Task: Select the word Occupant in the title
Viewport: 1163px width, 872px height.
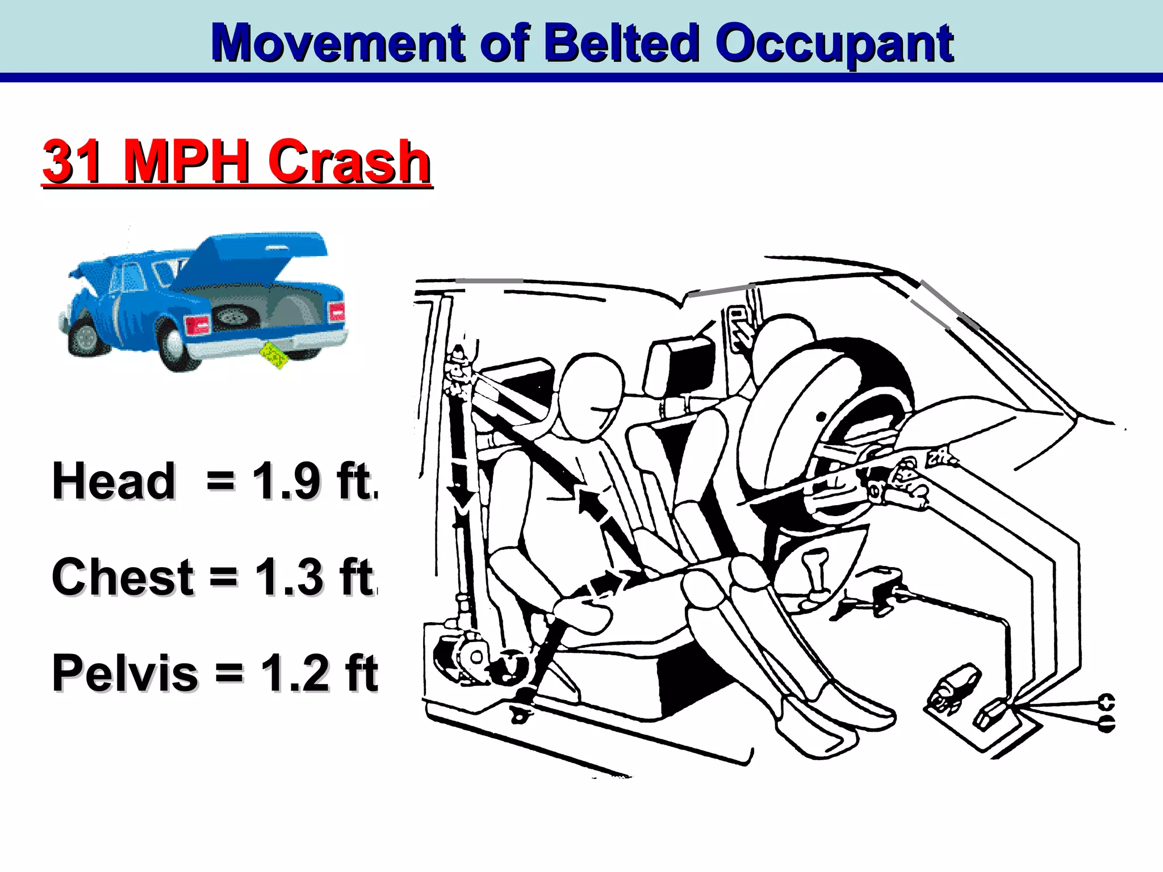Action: tap(835, 44)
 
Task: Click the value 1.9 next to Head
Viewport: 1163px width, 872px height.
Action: tap(286, 481)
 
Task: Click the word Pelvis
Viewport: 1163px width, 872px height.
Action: tap(125, 673)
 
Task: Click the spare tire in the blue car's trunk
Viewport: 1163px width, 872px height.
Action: tap(232, 316)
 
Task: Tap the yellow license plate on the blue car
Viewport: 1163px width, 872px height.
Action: tap(274, 355)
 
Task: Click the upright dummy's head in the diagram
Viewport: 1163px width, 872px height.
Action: tap(591, 392)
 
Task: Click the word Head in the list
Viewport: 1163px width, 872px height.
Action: tap(114, 481)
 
